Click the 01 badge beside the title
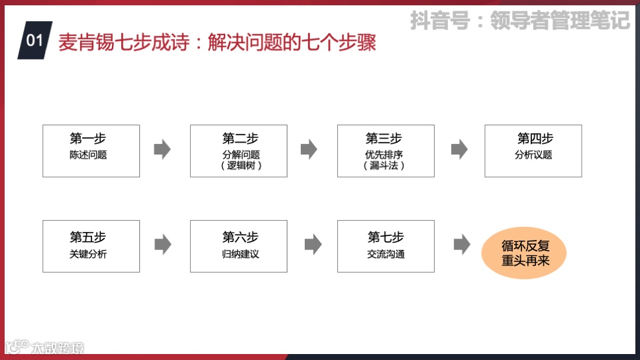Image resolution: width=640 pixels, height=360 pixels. (34, 40)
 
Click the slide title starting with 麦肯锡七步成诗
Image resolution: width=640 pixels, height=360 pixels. (217, 42)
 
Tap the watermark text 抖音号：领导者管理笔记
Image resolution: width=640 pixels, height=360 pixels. (519, 20)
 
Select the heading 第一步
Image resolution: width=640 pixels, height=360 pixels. (88, 139)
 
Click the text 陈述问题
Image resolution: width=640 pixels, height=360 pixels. (88, 155)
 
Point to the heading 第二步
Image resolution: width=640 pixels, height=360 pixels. (240, 139)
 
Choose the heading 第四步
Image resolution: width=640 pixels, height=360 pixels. (535, 139)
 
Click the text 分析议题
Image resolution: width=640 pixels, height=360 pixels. (533, 155)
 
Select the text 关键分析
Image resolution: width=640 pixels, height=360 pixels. (88, 254)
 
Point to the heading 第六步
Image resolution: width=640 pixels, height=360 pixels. (240, 237)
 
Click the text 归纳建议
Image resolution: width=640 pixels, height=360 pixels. (240, 254)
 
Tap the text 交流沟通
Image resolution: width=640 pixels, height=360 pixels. (386, 254)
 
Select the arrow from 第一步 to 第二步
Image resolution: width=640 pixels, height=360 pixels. (162, 150)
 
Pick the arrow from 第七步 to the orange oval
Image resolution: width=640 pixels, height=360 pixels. (462, 245)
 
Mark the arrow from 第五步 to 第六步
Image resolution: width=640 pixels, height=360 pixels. (162, 245)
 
